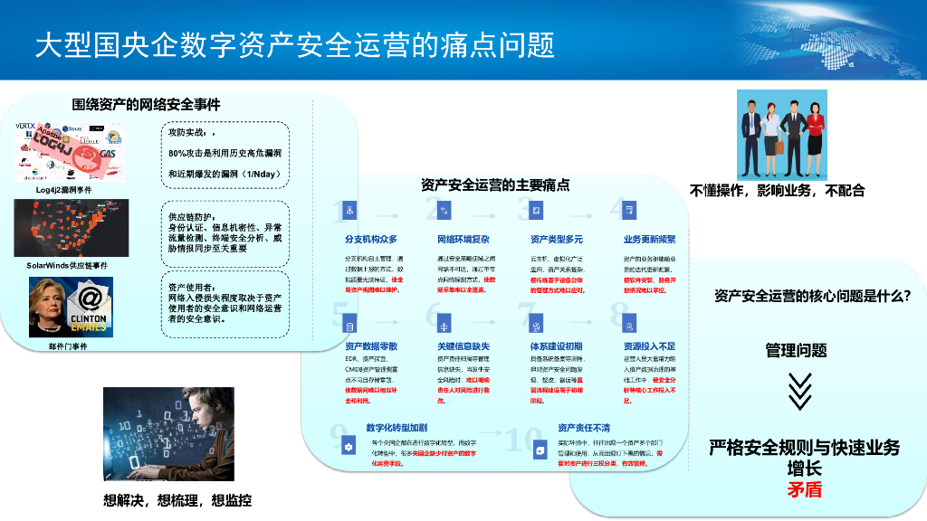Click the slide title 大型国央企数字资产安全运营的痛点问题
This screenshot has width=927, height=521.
pyautogui.click(x=295, y=44)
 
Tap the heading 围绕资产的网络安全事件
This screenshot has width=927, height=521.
pyautogui.click(x=147, y=105)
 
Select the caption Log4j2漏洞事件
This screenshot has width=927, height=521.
pyautogui.click(x=63, y=190)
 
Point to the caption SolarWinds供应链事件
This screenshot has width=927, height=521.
pyautogui.click(x=67, y=266)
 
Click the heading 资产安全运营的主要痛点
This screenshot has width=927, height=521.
pyautogui.click(x=495, y=185)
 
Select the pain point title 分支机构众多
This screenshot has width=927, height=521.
pyautogui.click(x=371, y=240)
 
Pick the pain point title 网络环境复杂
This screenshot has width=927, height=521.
pyautogui.click(x=463, y=240)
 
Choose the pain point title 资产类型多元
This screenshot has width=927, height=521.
pyautogui.click(x=557, y=240)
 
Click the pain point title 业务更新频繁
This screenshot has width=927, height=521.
pyautogui.click(x=649, y=240)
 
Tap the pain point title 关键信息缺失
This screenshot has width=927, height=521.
pyautogui.click(x=463, y=346)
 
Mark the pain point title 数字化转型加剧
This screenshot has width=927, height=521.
pyautogui.click(x=403, y=428)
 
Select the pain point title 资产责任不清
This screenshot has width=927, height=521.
pyautogui.click(x=584, y=428)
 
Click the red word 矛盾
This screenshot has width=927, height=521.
pyautogui.click(x=804, y=489)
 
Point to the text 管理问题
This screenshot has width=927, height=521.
pyautogui.click(x=796, y=350)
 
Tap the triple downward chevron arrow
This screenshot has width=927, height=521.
pyautogui.click(x=798, y=392)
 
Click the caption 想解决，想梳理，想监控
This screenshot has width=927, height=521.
pyautogui.click(x=177, y=499)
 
